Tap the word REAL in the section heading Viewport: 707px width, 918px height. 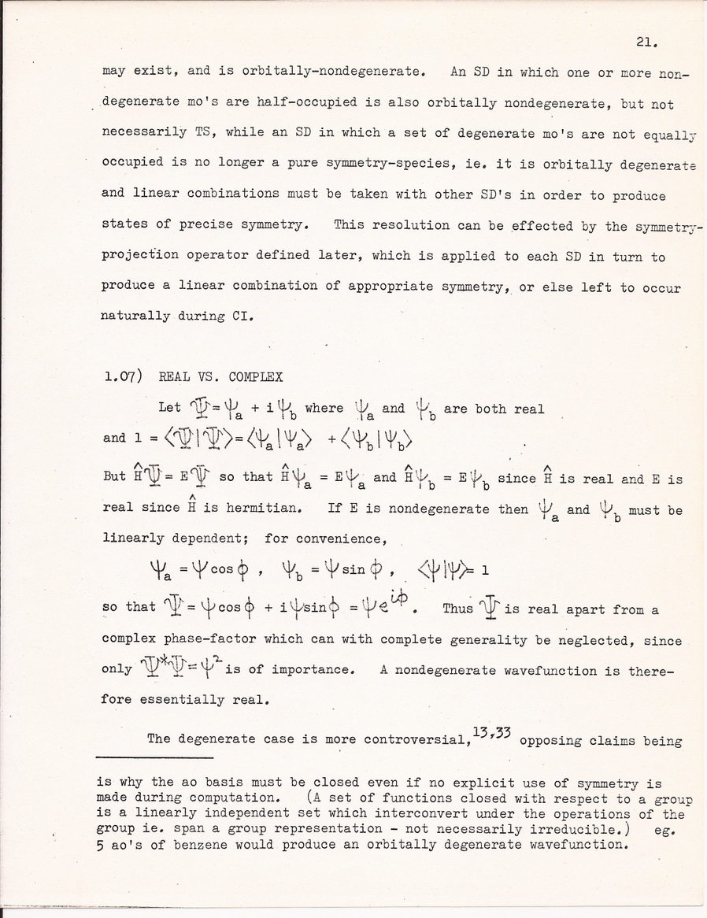[x=172, y=377]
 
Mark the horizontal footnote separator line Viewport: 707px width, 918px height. [x=154, y=757]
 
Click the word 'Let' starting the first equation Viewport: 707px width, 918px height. [x=169, y=408]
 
